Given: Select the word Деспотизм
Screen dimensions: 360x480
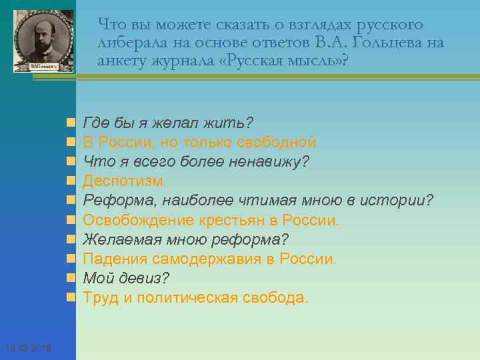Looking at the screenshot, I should point(124,181).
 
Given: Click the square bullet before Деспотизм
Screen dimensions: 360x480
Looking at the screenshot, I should point(70,181).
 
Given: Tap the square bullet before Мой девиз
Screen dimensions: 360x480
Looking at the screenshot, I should point(70,278).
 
